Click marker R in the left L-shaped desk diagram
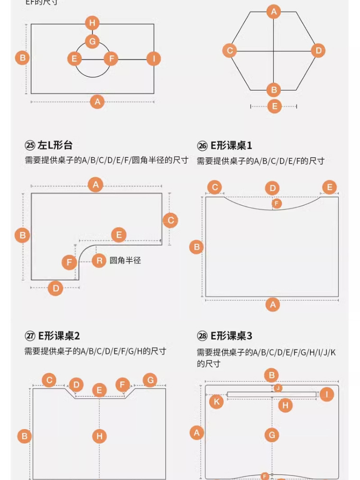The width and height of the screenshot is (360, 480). tap(99, 261)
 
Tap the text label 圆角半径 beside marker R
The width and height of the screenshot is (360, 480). tap(125, 261)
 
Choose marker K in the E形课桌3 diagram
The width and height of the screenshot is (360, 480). tap(216, 401)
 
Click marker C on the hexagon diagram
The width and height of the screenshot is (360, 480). tap(230, 50)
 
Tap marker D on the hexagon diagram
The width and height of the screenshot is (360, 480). tap(318, 50)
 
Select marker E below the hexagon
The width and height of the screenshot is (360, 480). tap(274, 106)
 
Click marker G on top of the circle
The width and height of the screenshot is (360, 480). tap(92, 41)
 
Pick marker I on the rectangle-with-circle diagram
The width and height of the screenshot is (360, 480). tap(153, 59)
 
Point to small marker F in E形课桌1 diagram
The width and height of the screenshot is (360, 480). tap(276, 204)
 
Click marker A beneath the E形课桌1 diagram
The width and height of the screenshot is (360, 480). tap(272, 304)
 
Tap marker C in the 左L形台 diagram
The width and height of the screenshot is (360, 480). tap(170, 220)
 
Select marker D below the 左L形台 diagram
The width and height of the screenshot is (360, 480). tap(56, 288)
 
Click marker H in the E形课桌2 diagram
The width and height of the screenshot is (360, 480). tap(99, 436)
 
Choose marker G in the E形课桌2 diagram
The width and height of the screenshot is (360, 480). tap(150, 381)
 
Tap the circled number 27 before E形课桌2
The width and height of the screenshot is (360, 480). tap(30, 336)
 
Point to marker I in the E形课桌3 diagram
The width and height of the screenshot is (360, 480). tap(326, 395)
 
